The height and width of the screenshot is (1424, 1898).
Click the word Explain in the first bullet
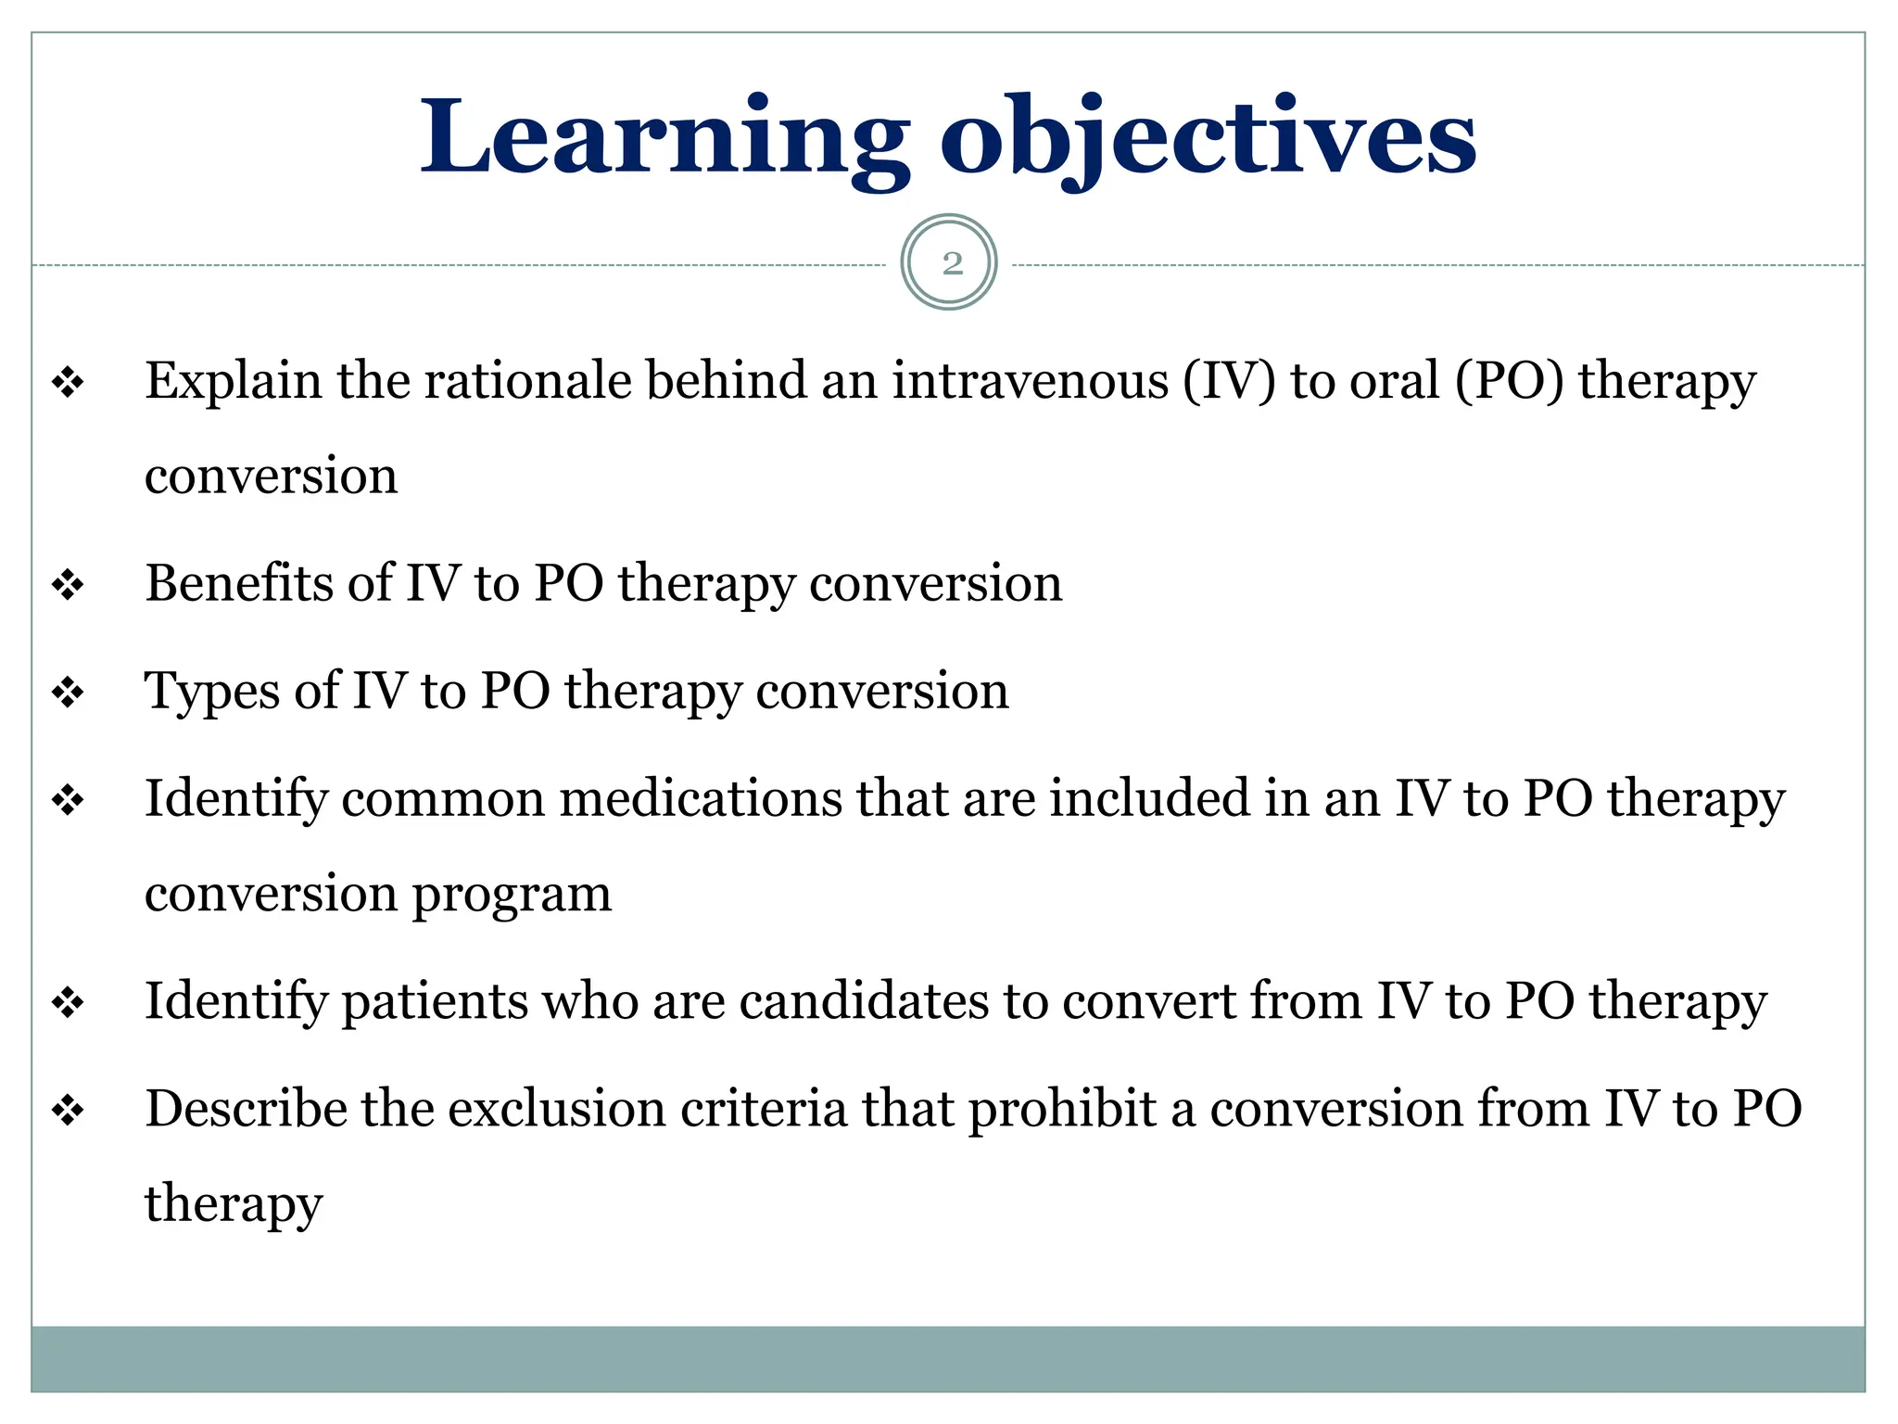click(234, 381)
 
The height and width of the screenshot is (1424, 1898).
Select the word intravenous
click(1030, 381)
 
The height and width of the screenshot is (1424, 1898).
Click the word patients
click(435, 1001)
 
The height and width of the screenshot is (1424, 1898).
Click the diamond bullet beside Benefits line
click(68, 586)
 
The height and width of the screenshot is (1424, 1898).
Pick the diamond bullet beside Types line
click(68, 693)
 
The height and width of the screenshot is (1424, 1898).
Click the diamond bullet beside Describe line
click(68, 1111)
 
